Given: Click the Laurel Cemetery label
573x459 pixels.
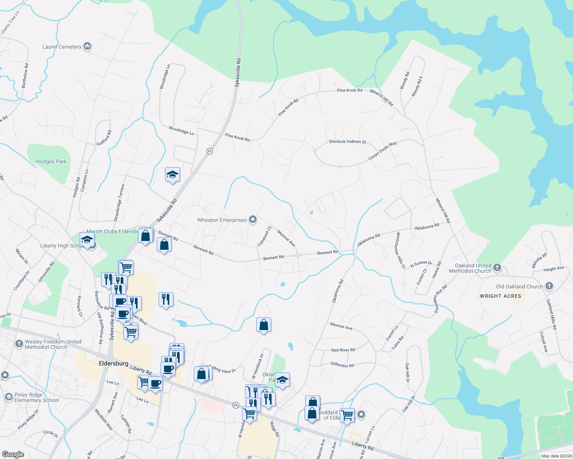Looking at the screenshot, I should (62, 47).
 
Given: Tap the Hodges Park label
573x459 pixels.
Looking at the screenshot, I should (51, 162).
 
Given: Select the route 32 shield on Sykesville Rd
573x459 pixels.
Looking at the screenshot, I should (210, 151).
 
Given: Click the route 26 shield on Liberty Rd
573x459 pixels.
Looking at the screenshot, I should (236, 405).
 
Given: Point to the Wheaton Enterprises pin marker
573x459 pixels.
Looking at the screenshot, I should (253, 220).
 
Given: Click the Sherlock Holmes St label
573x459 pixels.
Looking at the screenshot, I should (347, 142).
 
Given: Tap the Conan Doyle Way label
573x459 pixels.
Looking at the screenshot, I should (382, 151).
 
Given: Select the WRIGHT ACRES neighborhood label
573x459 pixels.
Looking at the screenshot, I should (500, 296).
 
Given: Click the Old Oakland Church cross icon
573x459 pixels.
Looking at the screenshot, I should (549, 286).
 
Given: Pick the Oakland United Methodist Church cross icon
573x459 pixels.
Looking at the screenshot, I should (497, 267).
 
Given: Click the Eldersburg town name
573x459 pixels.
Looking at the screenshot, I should (113, 363).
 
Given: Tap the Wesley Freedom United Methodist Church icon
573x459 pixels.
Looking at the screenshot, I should (19, 344).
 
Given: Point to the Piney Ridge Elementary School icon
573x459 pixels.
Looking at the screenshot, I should (8, 397).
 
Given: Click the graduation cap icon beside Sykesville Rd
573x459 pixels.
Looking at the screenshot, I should (172, 175).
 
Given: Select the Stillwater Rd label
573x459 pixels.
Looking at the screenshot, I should (342, 365).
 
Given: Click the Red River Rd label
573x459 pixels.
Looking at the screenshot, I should (343, 350).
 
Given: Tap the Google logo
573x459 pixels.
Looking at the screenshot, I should (13, 454).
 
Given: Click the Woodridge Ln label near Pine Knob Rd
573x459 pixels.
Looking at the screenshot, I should (181, 131).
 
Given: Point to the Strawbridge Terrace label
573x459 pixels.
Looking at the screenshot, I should (119, 203).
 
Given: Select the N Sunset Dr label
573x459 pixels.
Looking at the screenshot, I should (421, 264).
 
